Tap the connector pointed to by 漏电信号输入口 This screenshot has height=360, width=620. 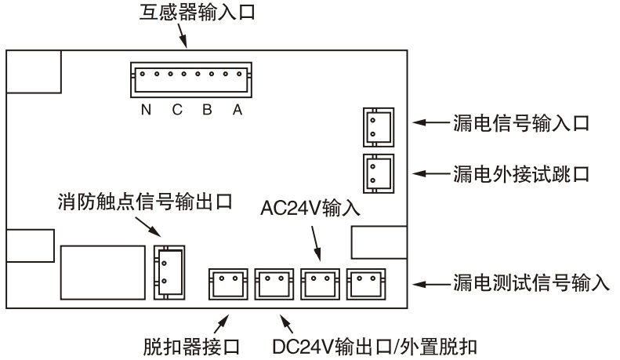378,125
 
